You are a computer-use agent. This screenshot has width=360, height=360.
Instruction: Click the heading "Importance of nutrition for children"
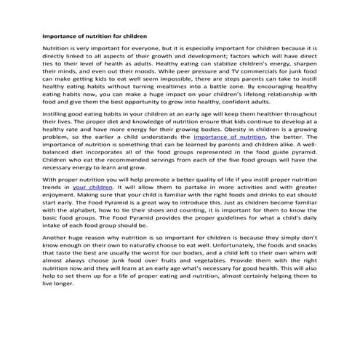[95, 34]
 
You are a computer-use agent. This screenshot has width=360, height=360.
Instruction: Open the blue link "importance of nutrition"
[230, 136]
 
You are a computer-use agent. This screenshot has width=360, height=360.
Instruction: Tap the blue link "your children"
[92, 187]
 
